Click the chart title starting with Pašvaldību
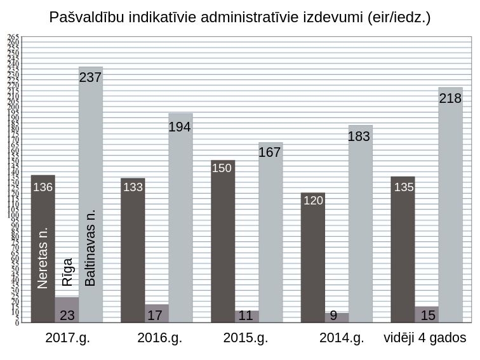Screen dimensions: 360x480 (x=240, y=17)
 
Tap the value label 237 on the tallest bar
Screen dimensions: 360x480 (x=90, y=77)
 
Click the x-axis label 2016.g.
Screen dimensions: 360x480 (x=159, y=338)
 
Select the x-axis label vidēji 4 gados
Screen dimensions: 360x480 (x=425, y=338)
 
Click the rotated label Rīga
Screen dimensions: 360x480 (x=67, y=272)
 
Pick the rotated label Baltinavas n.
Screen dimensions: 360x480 (x=91, y=248)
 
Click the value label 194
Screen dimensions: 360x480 (x=180, y=127)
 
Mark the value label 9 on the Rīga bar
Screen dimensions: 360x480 (x=333, y=315)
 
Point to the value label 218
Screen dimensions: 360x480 (x=450, y=98)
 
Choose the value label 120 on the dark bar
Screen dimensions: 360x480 (x=313, y=201)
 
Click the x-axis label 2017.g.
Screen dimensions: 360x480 (x=68, y=338)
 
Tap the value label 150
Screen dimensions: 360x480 (x=222, y=169)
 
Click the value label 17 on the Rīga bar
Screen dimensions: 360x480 (x=154, y=315)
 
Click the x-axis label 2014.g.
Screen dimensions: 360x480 (x=342, y=338)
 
